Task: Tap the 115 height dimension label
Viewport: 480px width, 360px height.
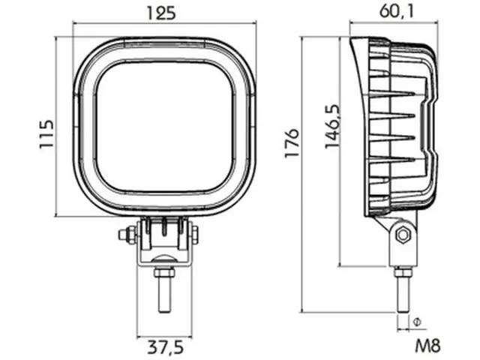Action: [x=47, y=133]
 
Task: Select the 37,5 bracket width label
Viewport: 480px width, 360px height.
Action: [x=165, y=348]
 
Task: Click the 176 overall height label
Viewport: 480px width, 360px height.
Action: [x=292, y=142]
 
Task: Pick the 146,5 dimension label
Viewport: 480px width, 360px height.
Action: [x=330, y=127]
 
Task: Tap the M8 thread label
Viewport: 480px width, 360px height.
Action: [x=426, y=347]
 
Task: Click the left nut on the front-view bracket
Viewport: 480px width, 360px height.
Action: [x=124, y=235]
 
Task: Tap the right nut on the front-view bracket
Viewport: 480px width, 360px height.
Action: [x=196, y=235]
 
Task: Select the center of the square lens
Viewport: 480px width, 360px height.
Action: [x=165, y=126]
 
